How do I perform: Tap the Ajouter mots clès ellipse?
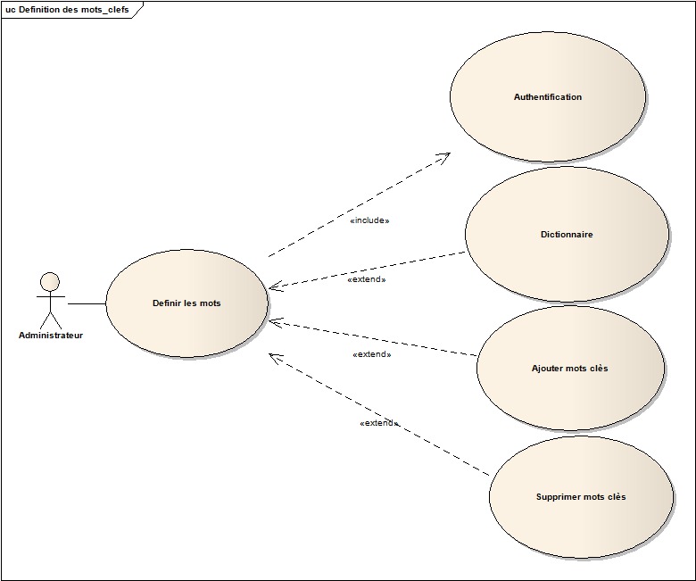(569, 393)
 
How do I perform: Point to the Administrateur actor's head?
(50, 283)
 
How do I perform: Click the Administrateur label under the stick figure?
(51, 336)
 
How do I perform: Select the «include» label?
(369, 220)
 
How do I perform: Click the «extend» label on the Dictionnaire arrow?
(366, 279)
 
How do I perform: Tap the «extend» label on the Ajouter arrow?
(372, 354)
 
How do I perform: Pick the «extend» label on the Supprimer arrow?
(378, 423)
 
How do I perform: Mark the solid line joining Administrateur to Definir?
(87, 303)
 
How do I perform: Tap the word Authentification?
(547, 97)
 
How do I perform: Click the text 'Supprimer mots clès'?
(581, 497)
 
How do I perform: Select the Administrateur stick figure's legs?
(50, 320)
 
